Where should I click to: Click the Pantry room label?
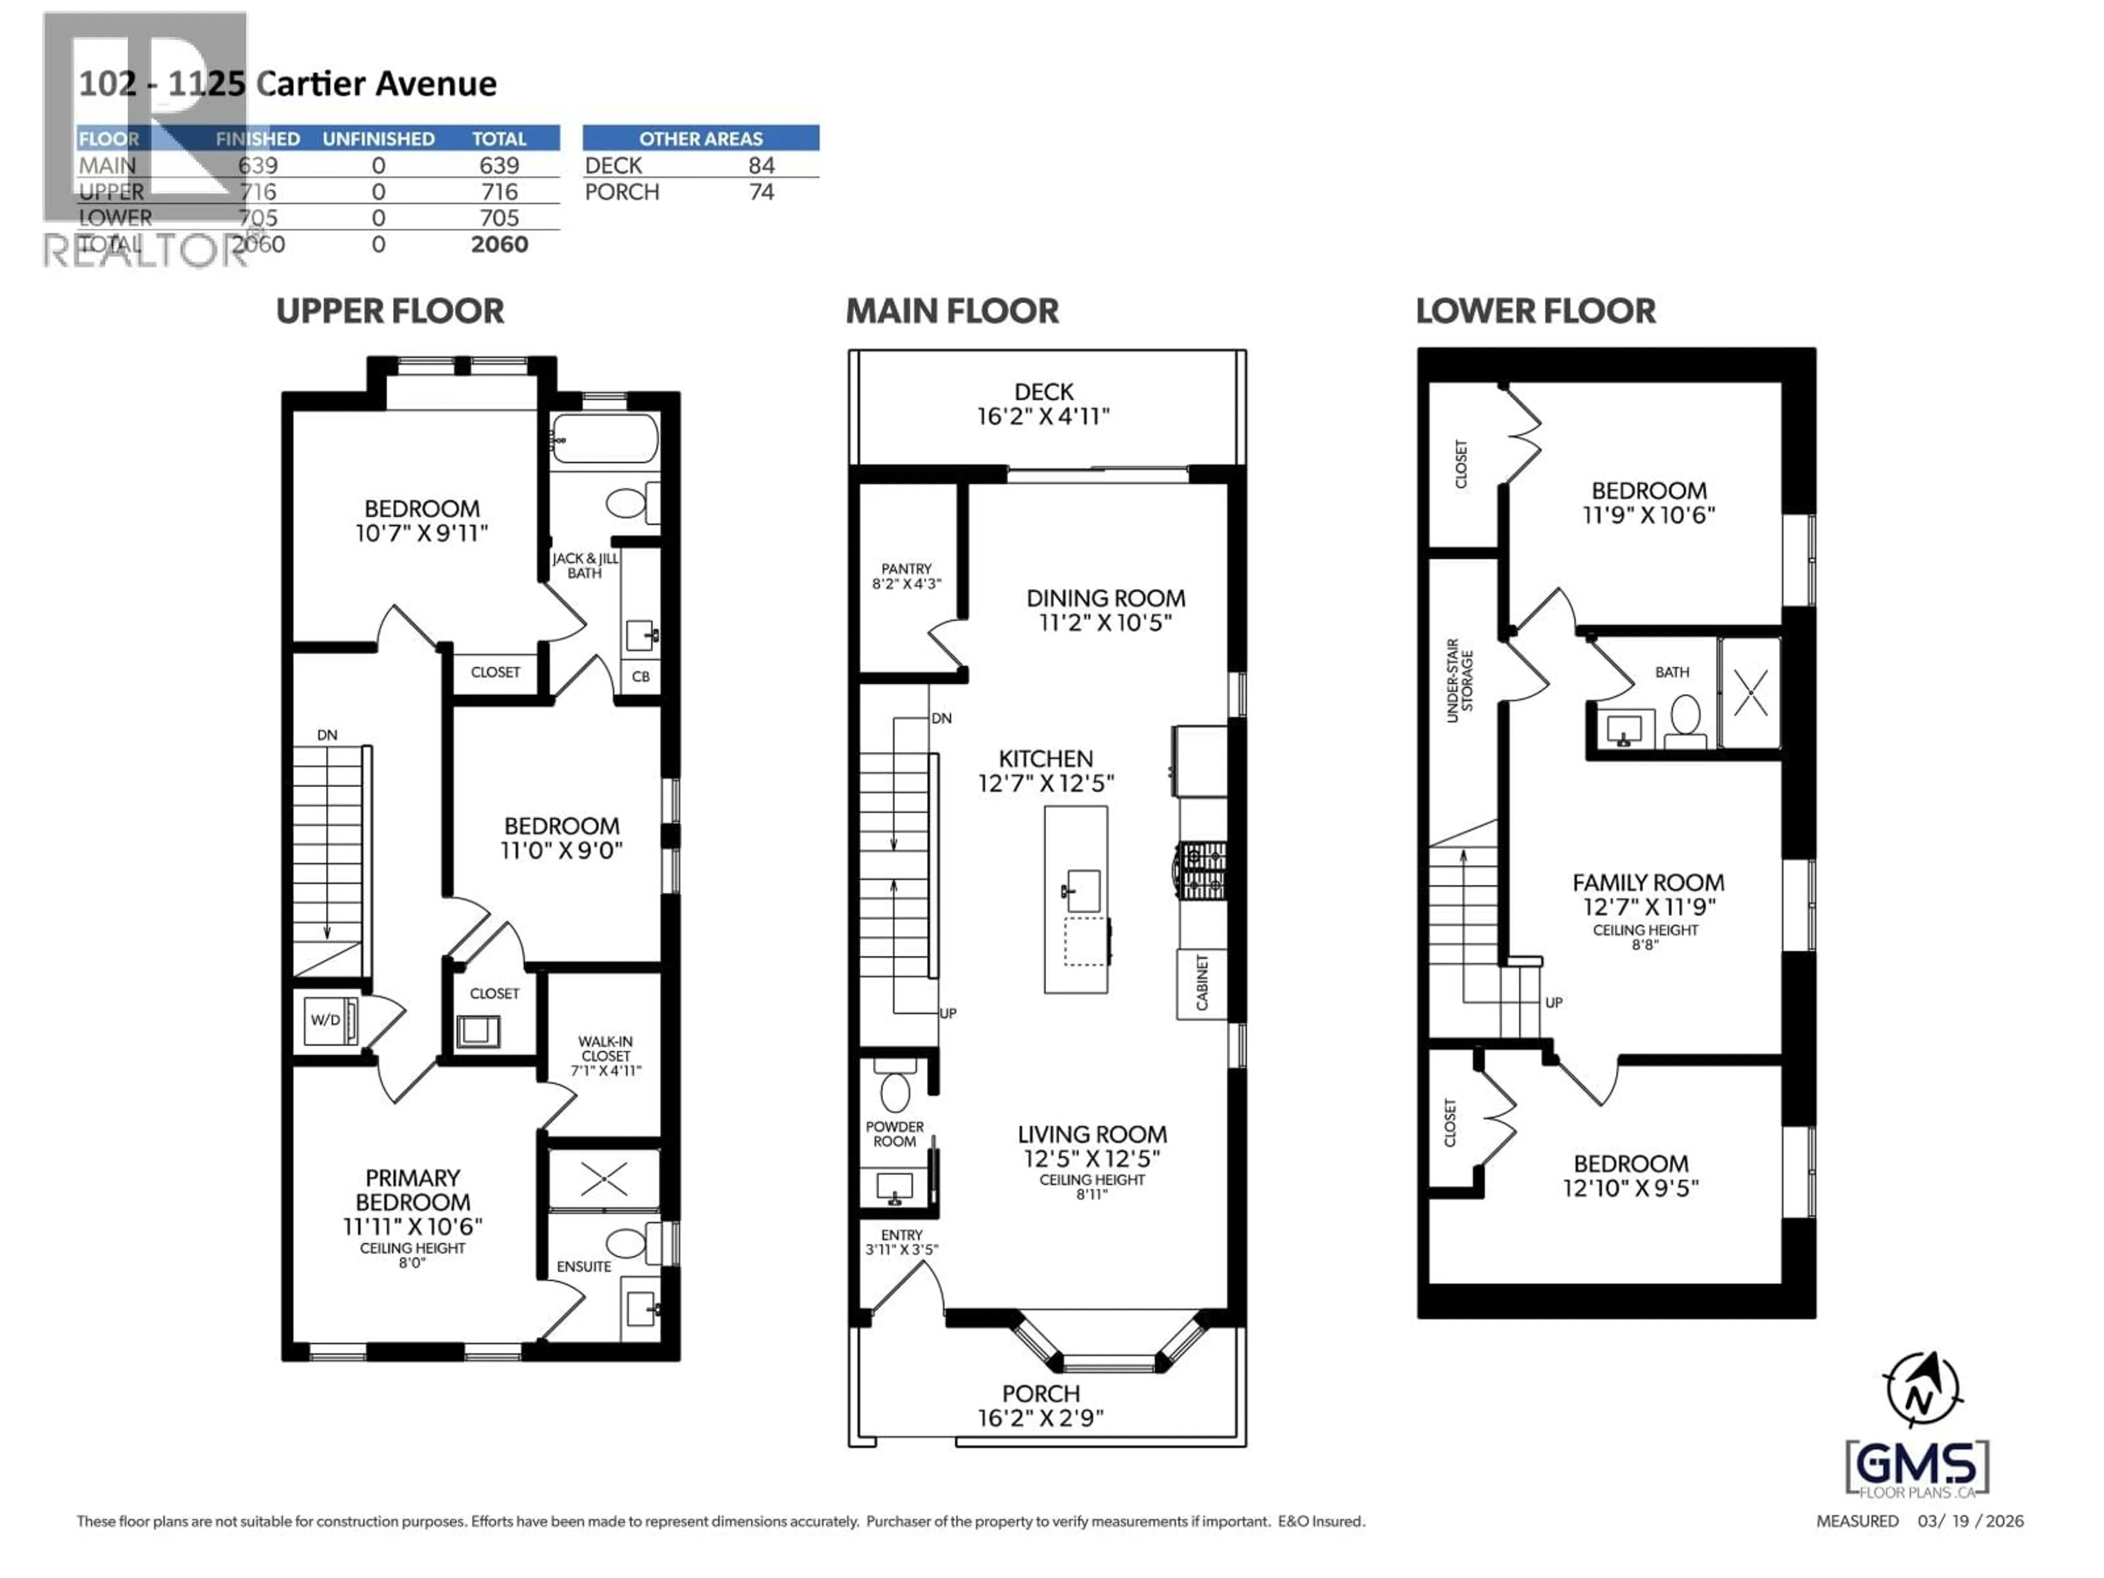click(x=906, y=575)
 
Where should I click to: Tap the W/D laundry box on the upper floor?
click(x=326, y=1020)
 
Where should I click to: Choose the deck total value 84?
click(x=761, y=165)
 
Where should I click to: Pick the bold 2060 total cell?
click(x=499, y=244)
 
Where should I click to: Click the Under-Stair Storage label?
click(x=1460, y=680)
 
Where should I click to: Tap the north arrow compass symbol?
click(x=1922, y=1390)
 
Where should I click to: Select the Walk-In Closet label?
click(x=606, y=1056)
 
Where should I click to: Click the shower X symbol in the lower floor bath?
click(x=1750, y=693)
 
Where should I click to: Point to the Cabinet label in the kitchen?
click(x=1202, y=984)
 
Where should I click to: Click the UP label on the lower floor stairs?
click(x=1553, y=1003)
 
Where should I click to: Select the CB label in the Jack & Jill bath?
click(x=641, y=676)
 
